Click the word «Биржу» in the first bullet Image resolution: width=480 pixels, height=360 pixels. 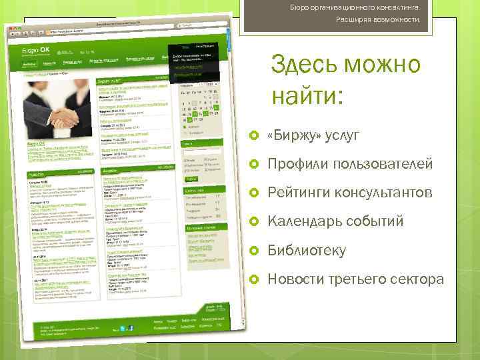point(287,135)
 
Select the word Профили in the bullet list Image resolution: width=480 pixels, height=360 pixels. point(295,164)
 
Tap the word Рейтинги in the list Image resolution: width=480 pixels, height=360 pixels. point(299,193)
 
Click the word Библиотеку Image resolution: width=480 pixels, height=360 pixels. point(306,251)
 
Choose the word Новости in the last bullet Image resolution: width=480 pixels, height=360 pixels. point(295,279)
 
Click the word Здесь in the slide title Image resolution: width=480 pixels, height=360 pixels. point(308,66)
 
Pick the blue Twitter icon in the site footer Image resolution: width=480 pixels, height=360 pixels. point(123,328)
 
